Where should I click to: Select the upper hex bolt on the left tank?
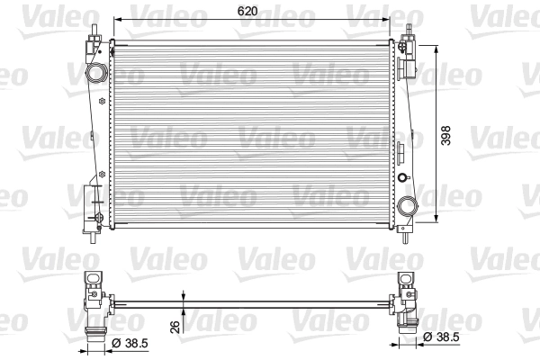[x=95, y=140]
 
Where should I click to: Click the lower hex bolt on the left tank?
[x=101, y=172]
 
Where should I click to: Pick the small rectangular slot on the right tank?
[x=402, y=148]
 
